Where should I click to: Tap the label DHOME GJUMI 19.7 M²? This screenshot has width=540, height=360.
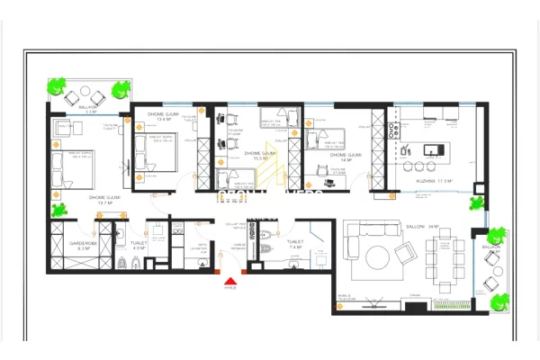point(105,200)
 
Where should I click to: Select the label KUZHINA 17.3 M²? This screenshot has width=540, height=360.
point(434,181)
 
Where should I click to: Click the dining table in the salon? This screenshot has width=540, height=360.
point(448,260)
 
